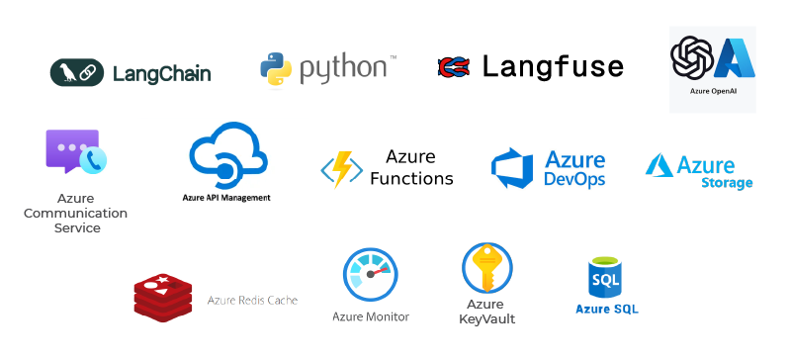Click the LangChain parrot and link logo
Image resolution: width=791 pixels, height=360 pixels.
click(77, 72)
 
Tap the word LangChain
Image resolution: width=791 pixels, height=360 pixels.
click(161, 73)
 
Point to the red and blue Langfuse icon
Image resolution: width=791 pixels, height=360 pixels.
click(453, 67)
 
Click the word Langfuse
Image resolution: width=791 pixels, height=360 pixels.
click(553, 67)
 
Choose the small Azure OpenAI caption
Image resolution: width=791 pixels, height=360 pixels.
click(713, 90)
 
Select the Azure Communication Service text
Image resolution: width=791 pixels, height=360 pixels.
click(76, 213)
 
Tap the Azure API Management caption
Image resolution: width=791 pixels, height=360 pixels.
click(226, 198)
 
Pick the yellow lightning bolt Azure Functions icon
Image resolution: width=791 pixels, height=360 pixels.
click(341, 169)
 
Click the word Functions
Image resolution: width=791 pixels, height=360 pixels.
click(411, 179)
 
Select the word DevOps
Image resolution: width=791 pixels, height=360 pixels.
click(574, 179)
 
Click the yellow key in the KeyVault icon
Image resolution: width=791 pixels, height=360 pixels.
click(486, 267)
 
